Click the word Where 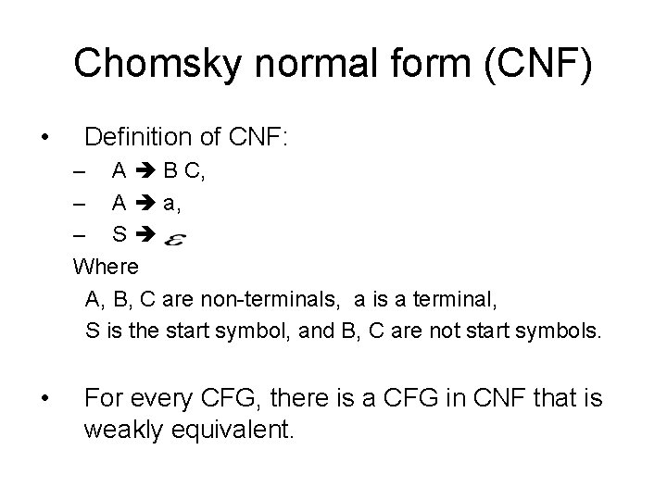coord(107,267)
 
